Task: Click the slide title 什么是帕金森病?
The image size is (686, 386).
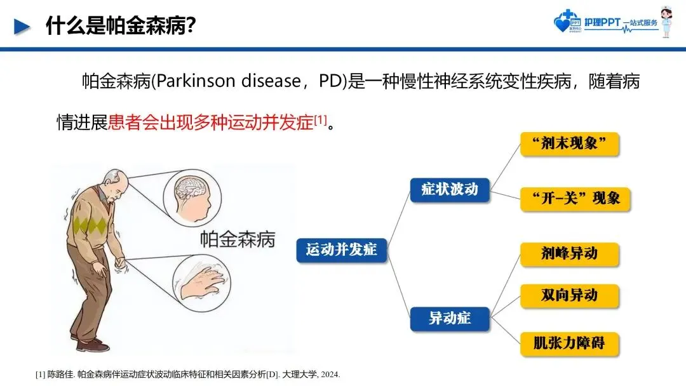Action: pos(121,26)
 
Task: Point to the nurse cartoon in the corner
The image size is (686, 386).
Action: pos(666,23)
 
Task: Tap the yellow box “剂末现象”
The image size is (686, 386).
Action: pos(569,144)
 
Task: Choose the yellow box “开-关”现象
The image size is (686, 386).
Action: pos(569,198)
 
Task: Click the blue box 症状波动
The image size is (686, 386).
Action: pos(450,189)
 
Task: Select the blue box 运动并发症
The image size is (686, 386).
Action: pos(342,250)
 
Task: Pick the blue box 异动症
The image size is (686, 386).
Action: pos(450,317)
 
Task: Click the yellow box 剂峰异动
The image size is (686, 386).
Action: pos(569,254)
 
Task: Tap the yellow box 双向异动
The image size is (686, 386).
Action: pos(569,295)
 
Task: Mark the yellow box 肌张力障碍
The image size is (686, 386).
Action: pos(569,343)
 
